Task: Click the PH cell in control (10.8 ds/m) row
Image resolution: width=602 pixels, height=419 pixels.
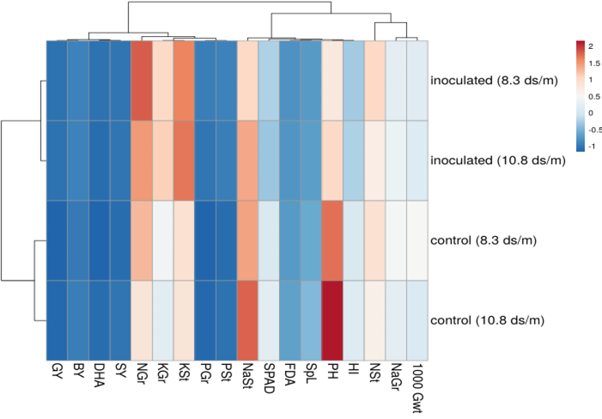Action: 332,320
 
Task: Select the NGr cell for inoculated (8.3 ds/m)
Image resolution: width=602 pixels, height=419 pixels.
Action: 142,81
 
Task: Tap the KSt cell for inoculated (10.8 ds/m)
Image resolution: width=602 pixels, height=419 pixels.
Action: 184,161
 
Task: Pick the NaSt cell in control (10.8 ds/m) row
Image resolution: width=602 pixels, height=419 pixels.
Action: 247,320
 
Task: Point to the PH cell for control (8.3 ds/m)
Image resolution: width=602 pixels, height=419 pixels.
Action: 332,240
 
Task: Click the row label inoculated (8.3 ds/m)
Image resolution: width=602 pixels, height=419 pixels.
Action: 494,81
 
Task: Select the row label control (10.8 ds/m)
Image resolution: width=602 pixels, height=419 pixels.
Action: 487,320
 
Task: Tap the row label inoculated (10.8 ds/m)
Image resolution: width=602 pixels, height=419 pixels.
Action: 498,161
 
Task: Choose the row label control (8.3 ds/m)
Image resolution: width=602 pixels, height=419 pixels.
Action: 483,240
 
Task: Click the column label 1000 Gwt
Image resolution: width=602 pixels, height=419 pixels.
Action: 417,388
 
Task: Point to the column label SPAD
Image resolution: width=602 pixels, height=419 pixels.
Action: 269,379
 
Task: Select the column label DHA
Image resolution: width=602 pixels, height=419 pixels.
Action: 99,375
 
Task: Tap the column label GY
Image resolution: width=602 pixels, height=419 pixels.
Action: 57,371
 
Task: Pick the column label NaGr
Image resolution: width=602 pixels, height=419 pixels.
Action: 396,377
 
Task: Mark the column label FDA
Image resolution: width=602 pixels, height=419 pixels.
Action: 290,374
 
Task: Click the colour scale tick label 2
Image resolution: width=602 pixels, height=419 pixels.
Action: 591,46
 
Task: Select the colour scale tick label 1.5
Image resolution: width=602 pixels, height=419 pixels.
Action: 594,64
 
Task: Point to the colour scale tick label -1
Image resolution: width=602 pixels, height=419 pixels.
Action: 592,146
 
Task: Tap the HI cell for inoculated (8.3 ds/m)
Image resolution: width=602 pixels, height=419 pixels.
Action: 353,81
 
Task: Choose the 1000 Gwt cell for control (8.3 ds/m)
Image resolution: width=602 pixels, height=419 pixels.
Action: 417,240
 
